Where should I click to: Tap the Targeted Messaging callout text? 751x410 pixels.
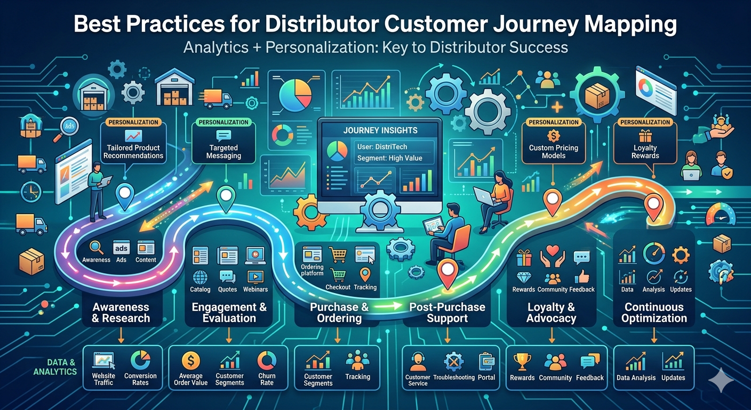point(224,152)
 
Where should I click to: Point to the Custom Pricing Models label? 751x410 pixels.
point(553,152)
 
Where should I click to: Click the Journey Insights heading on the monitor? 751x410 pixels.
point(380,130)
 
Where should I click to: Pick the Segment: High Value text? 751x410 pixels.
point(389,158)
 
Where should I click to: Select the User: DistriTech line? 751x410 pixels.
point(388,146)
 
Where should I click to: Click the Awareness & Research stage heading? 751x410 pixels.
point(121,312)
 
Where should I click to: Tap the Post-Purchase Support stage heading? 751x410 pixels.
point(447,312)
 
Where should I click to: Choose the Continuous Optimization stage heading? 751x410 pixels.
point(654,312)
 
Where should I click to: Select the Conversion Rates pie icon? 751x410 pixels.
point(140,361)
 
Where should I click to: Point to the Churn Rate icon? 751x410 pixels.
point(267,361)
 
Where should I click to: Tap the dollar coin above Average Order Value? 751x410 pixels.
point(190,361)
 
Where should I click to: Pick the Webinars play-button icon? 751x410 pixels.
point(255,277)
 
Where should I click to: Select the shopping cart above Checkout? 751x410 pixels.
point(337,275)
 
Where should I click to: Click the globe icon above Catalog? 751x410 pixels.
point(200,277)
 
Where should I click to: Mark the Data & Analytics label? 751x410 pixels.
point(55,367)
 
